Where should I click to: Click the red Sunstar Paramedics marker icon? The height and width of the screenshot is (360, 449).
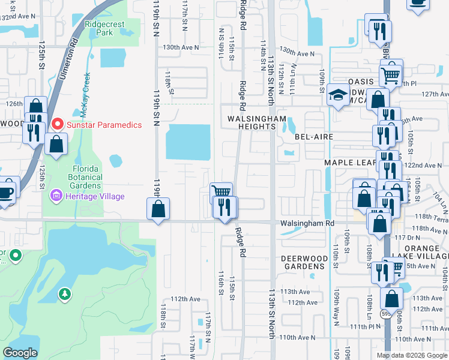pos(58,125)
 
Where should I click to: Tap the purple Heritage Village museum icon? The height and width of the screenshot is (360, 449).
pos(57,196)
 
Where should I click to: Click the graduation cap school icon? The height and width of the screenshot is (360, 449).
pos(337,94)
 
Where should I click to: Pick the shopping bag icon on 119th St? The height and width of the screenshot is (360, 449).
pos(158,209)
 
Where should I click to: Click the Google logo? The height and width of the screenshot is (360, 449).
pos(20,353)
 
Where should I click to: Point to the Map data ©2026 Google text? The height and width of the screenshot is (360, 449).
pos(412,355)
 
